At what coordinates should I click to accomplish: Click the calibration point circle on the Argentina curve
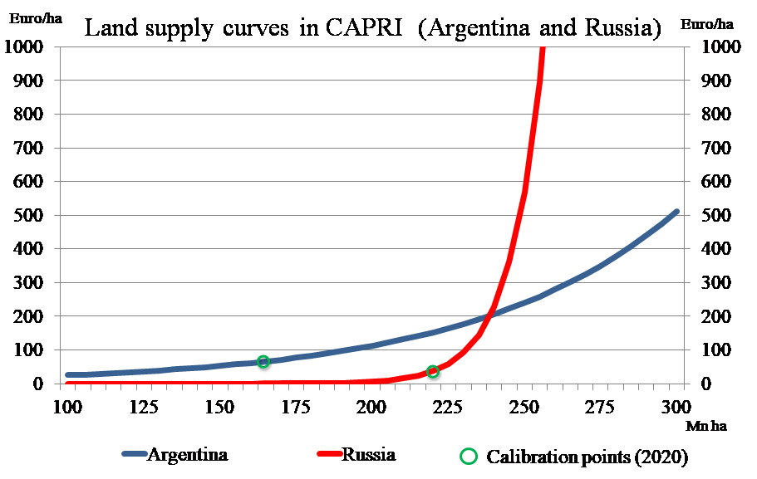coord(263,362)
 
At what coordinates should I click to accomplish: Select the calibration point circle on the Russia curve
coord(433,371)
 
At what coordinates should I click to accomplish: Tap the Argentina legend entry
coord(187,454)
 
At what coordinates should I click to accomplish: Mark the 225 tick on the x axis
coord(448,407)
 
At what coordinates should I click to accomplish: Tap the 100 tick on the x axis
coord(67,407)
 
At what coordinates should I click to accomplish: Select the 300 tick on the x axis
coord(676,407)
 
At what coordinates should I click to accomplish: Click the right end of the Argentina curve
coord(676,212)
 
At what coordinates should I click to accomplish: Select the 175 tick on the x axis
coord(296,407)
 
